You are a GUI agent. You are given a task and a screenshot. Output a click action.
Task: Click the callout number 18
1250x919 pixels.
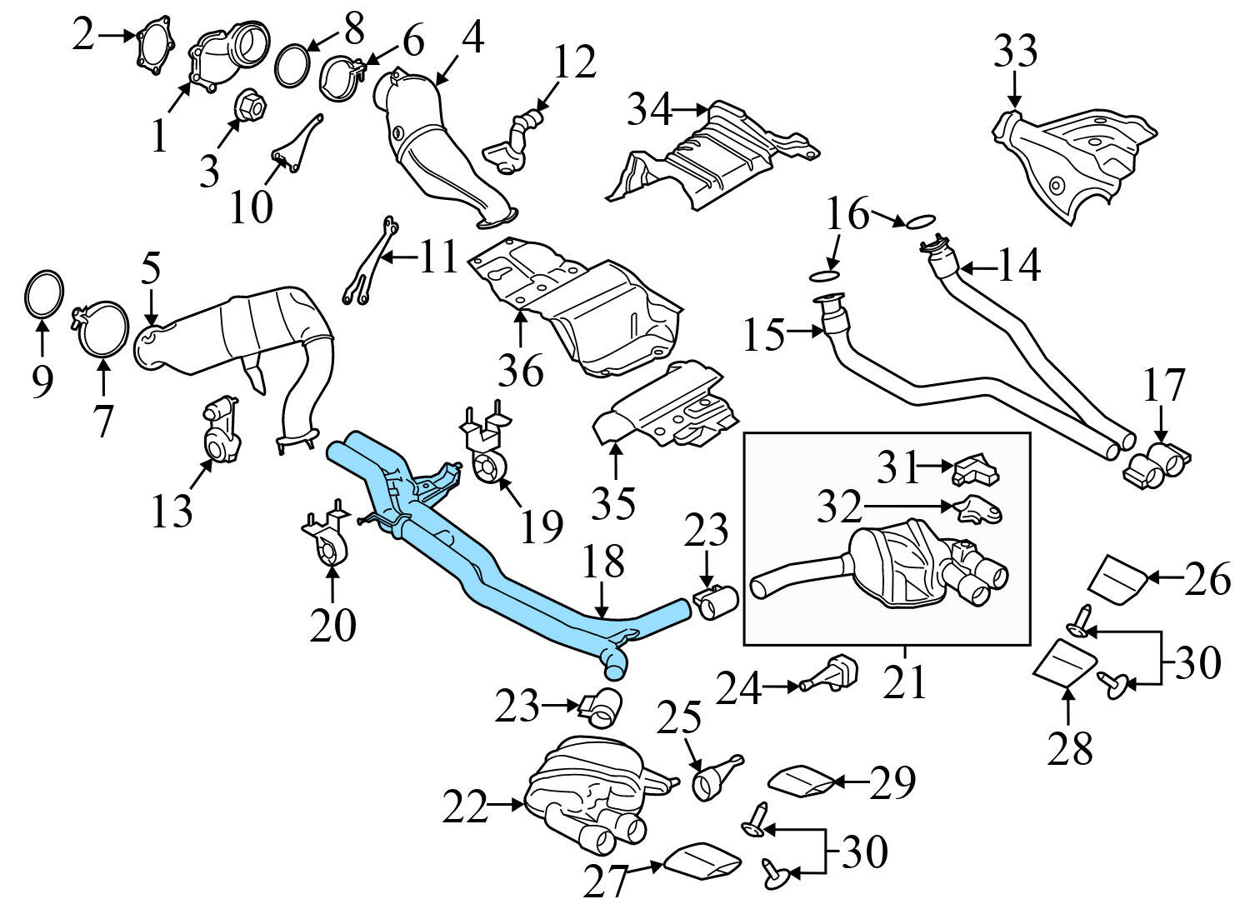pyautogui.click(x=603, y=564)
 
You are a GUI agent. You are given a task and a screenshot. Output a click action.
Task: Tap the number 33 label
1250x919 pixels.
pyautogui.click(x=1014, y=52)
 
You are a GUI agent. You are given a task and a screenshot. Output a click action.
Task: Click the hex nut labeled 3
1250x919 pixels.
pyautogui.click(x=252, y=106)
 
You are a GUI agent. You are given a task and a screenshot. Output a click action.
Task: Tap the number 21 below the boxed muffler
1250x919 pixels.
pyautogui.click(x=905, y=682)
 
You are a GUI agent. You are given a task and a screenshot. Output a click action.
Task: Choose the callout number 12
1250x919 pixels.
pyautogui.click(x=574, y=62)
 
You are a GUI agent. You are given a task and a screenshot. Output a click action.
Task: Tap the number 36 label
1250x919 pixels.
pyautogui.click(x=521, y=368)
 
